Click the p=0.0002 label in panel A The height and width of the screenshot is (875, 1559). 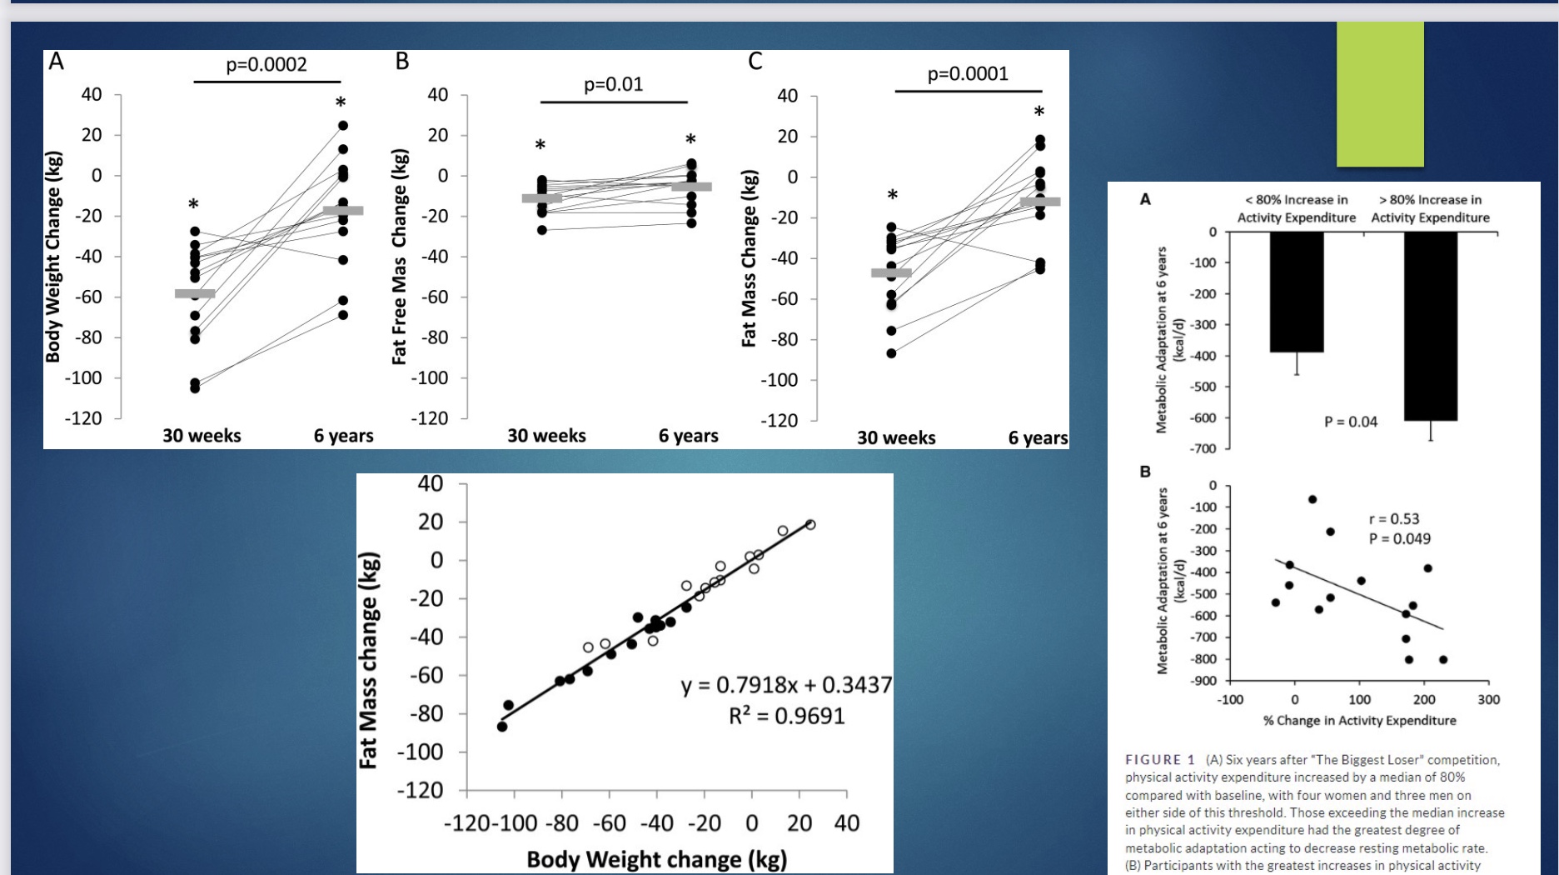266,65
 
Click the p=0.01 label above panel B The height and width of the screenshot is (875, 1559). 613,84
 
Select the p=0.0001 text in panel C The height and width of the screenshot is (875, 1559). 968,73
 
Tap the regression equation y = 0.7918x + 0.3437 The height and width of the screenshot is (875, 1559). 786,685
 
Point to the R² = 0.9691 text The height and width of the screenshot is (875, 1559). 786,716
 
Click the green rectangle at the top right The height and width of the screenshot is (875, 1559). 1380,93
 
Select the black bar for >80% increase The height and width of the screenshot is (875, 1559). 1431,326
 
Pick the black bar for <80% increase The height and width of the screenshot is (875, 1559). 1297,292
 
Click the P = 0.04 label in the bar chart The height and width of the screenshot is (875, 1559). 1351,422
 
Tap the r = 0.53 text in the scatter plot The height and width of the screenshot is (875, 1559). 1393,519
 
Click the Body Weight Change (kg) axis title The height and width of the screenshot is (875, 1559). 53,257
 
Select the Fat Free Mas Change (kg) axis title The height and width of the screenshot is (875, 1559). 400,257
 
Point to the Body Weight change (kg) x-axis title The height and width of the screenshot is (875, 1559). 656,859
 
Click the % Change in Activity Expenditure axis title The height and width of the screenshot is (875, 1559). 1359,720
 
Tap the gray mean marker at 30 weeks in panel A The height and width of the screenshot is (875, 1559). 195,293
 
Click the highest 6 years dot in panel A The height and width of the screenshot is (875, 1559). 343,126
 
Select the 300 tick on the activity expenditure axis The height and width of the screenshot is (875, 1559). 1488,700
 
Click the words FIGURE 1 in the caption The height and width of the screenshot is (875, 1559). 1159,760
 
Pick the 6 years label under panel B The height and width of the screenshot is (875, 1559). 688,436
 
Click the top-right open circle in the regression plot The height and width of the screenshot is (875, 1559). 810,524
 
